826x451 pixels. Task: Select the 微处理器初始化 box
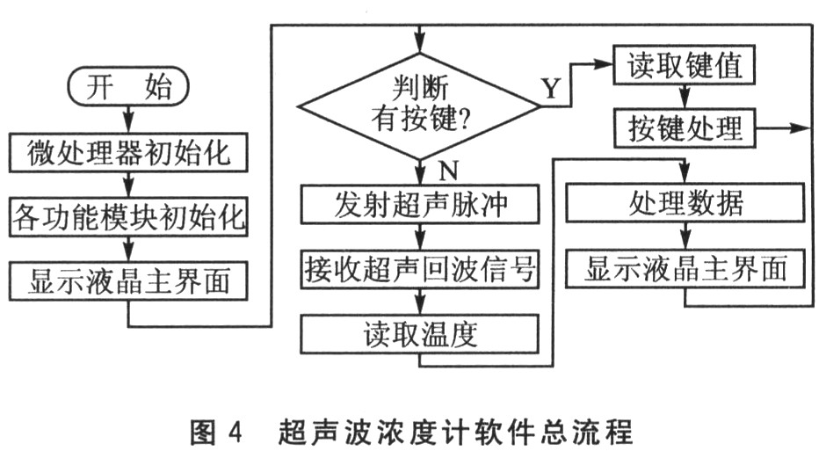128,154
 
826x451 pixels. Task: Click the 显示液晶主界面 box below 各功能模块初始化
128,282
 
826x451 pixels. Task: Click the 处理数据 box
685,204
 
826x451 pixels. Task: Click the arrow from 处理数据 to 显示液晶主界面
685,236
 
